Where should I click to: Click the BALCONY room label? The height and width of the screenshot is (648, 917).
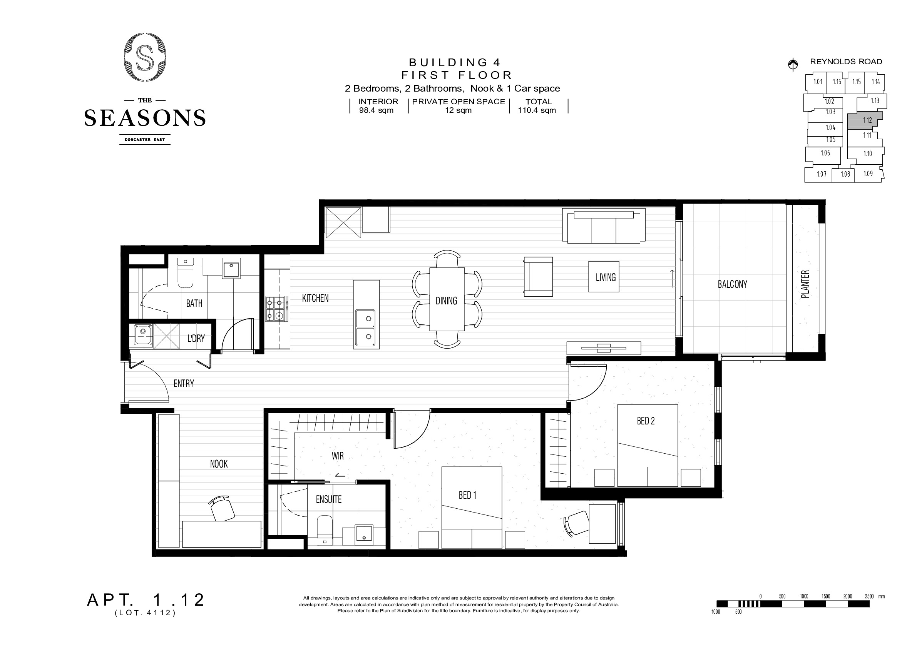click(x=732, y=284)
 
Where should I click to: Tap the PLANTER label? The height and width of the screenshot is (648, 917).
click(x=805, y=284)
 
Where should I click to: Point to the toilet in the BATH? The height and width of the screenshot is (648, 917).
click(x=185, y=272)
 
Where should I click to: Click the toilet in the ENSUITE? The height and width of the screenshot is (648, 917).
click(x=324, y=530)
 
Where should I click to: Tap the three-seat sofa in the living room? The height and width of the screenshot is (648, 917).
click(x=604, y=225)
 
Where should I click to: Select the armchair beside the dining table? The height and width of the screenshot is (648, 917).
click(x=538, y=277)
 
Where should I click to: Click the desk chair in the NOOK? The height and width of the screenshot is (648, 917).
click(x=222, y=508)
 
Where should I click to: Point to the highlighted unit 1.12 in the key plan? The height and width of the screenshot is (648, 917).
click(x=864, y=120)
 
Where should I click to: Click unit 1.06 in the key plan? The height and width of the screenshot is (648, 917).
click(x=825, y=153)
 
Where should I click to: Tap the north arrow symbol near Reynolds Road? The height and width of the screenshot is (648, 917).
click(x=793, y=64)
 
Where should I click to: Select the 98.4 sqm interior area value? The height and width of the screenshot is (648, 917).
click(x=376, y=110)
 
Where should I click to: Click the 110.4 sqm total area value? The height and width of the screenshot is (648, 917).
click(x=537, y=110)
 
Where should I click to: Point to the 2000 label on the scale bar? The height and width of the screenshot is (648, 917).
click(x=847, y=596)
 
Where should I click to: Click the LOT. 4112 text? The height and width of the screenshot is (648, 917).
click(x=146, y=613)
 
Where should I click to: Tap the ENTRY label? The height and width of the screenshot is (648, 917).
click(x=184, y=384)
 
